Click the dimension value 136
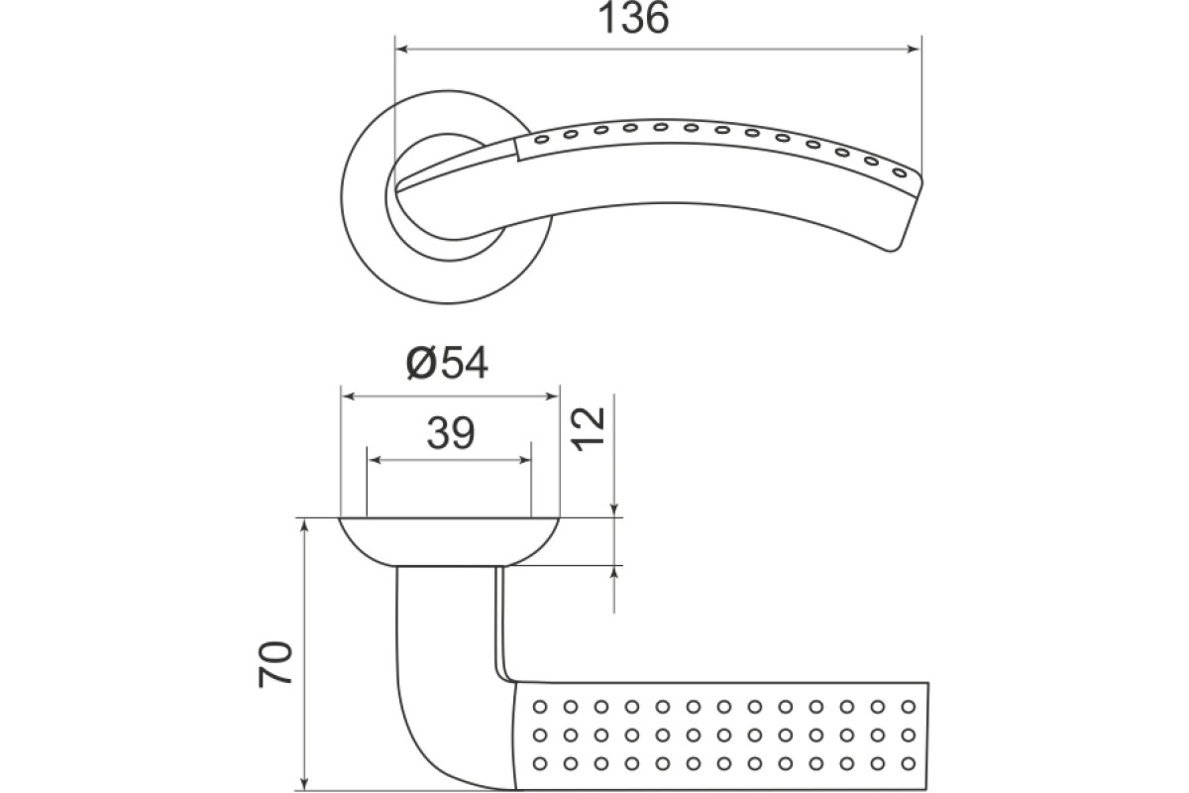pos(633,19)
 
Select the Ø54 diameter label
pos(447,364)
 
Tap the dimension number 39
pos(450,433)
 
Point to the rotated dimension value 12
pos(589,429)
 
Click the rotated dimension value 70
pos(276,664)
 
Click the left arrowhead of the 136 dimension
pos(402,50)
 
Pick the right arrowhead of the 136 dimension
pos(914,50)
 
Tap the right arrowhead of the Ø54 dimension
pos(553,396)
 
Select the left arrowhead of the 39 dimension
pos(374,460)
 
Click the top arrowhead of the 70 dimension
pos(304,524)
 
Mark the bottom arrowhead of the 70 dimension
pos(304,784)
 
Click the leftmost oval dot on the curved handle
pos(541,140)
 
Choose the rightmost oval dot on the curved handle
pos(900,172)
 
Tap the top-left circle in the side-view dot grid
pos(540,707)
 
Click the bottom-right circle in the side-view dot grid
pos(909,764)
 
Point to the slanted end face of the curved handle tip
pos(909,215)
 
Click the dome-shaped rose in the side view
pos(449,542)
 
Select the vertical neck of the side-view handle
pos(449,622)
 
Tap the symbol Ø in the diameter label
pos(421,364)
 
